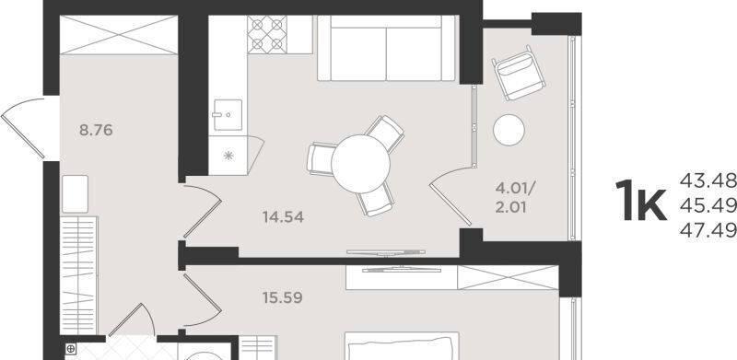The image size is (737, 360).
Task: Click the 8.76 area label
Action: (x=96, y=130)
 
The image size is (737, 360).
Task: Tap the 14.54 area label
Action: (x=283, y=217)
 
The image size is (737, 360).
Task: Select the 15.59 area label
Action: (x=283, y=298)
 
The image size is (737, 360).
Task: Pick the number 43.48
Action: (x=708, y=180)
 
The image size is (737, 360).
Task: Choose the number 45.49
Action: (x=708, y=205)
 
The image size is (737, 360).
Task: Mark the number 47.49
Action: (x=708, y=230)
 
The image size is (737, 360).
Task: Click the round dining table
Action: (x=360, y=164)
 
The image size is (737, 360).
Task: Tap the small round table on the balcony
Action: (x=509, y=130)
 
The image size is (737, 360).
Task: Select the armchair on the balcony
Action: (x=519, y=73)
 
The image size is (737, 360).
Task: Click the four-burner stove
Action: (x=267, y=34)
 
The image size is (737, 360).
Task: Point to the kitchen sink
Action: (x=228, y=115)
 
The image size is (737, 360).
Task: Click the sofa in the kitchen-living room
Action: (x=386, y=48)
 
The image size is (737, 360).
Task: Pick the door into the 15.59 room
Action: (x=203, y=300)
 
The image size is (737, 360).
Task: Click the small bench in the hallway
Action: (x=75, y=193)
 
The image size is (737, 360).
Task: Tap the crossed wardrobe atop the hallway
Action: (x=119, y=35)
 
